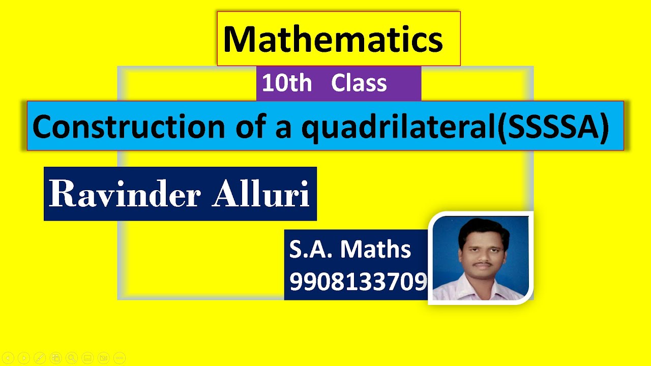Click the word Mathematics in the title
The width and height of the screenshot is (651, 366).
tap(333, 40)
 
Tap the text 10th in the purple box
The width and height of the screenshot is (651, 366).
tap(287, 83)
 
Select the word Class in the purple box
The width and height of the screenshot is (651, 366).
tap(359, 83)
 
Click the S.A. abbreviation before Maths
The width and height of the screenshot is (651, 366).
tap(311, 250)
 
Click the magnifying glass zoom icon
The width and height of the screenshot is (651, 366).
tap(72, 358)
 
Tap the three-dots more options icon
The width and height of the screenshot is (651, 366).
tap(119, 358)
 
